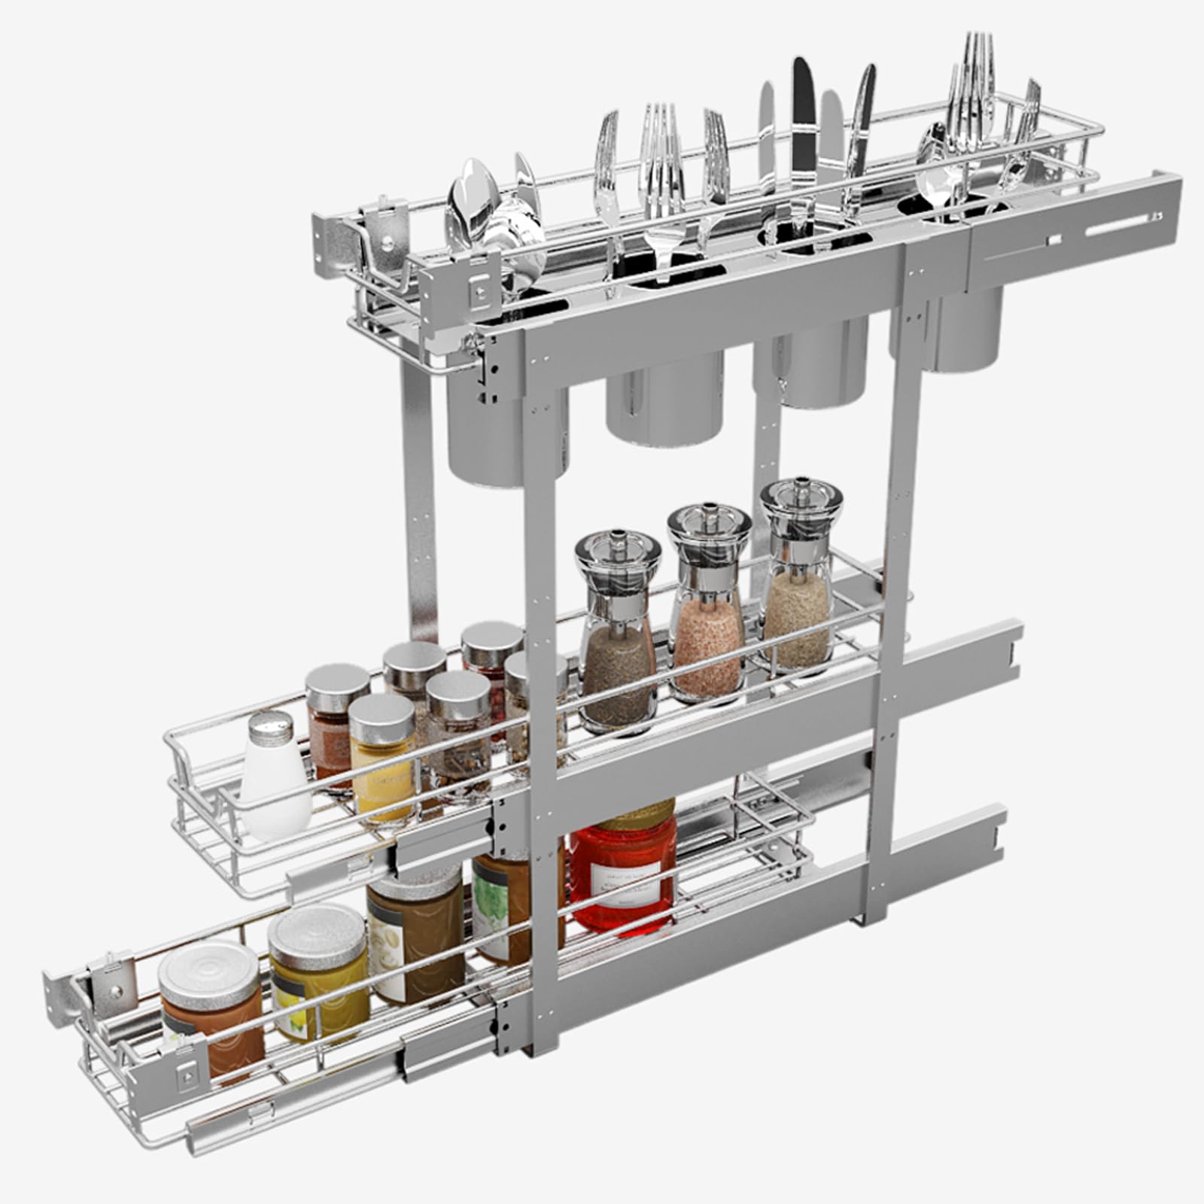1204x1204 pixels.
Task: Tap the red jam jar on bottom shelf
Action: point(623,873)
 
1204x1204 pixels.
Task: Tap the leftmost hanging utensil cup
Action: point(506,429)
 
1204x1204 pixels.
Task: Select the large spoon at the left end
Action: point(468,203)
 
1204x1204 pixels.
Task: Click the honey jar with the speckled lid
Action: point(318,971)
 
